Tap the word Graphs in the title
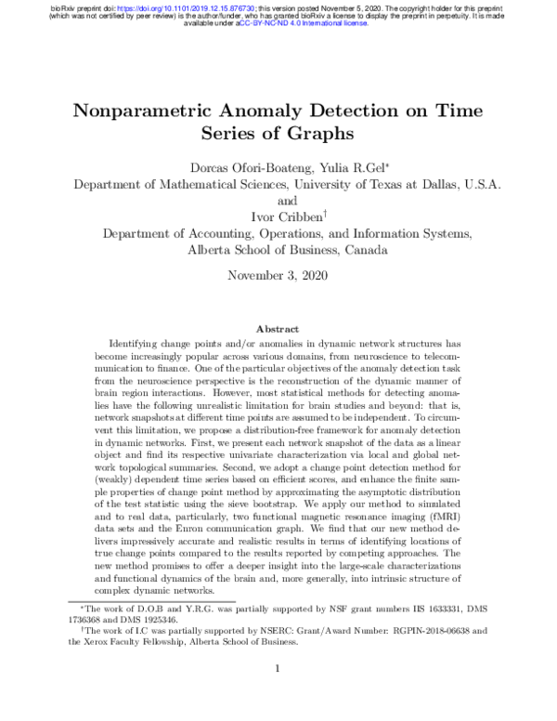318,133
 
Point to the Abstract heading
278,329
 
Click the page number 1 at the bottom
278,667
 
